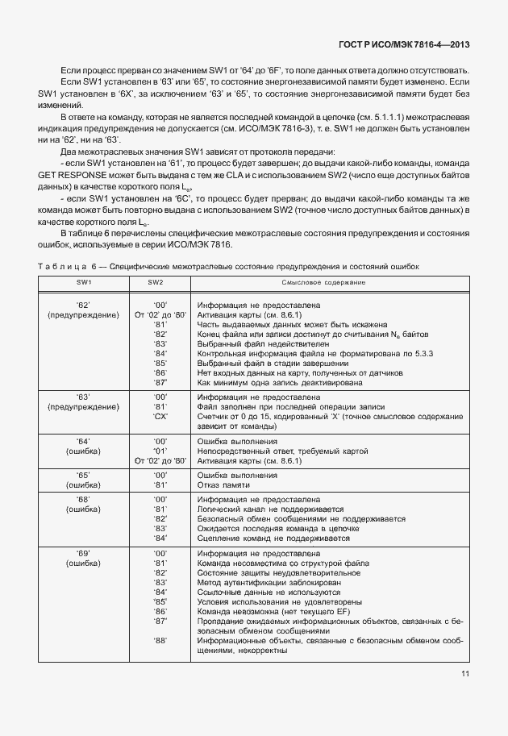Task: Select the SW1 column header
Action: (84, 284)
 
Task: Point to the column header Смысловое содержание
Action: (323, 284)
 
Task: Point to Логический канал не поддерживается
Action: (270, 509)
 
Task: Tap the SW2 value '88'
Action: (160, 641)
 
